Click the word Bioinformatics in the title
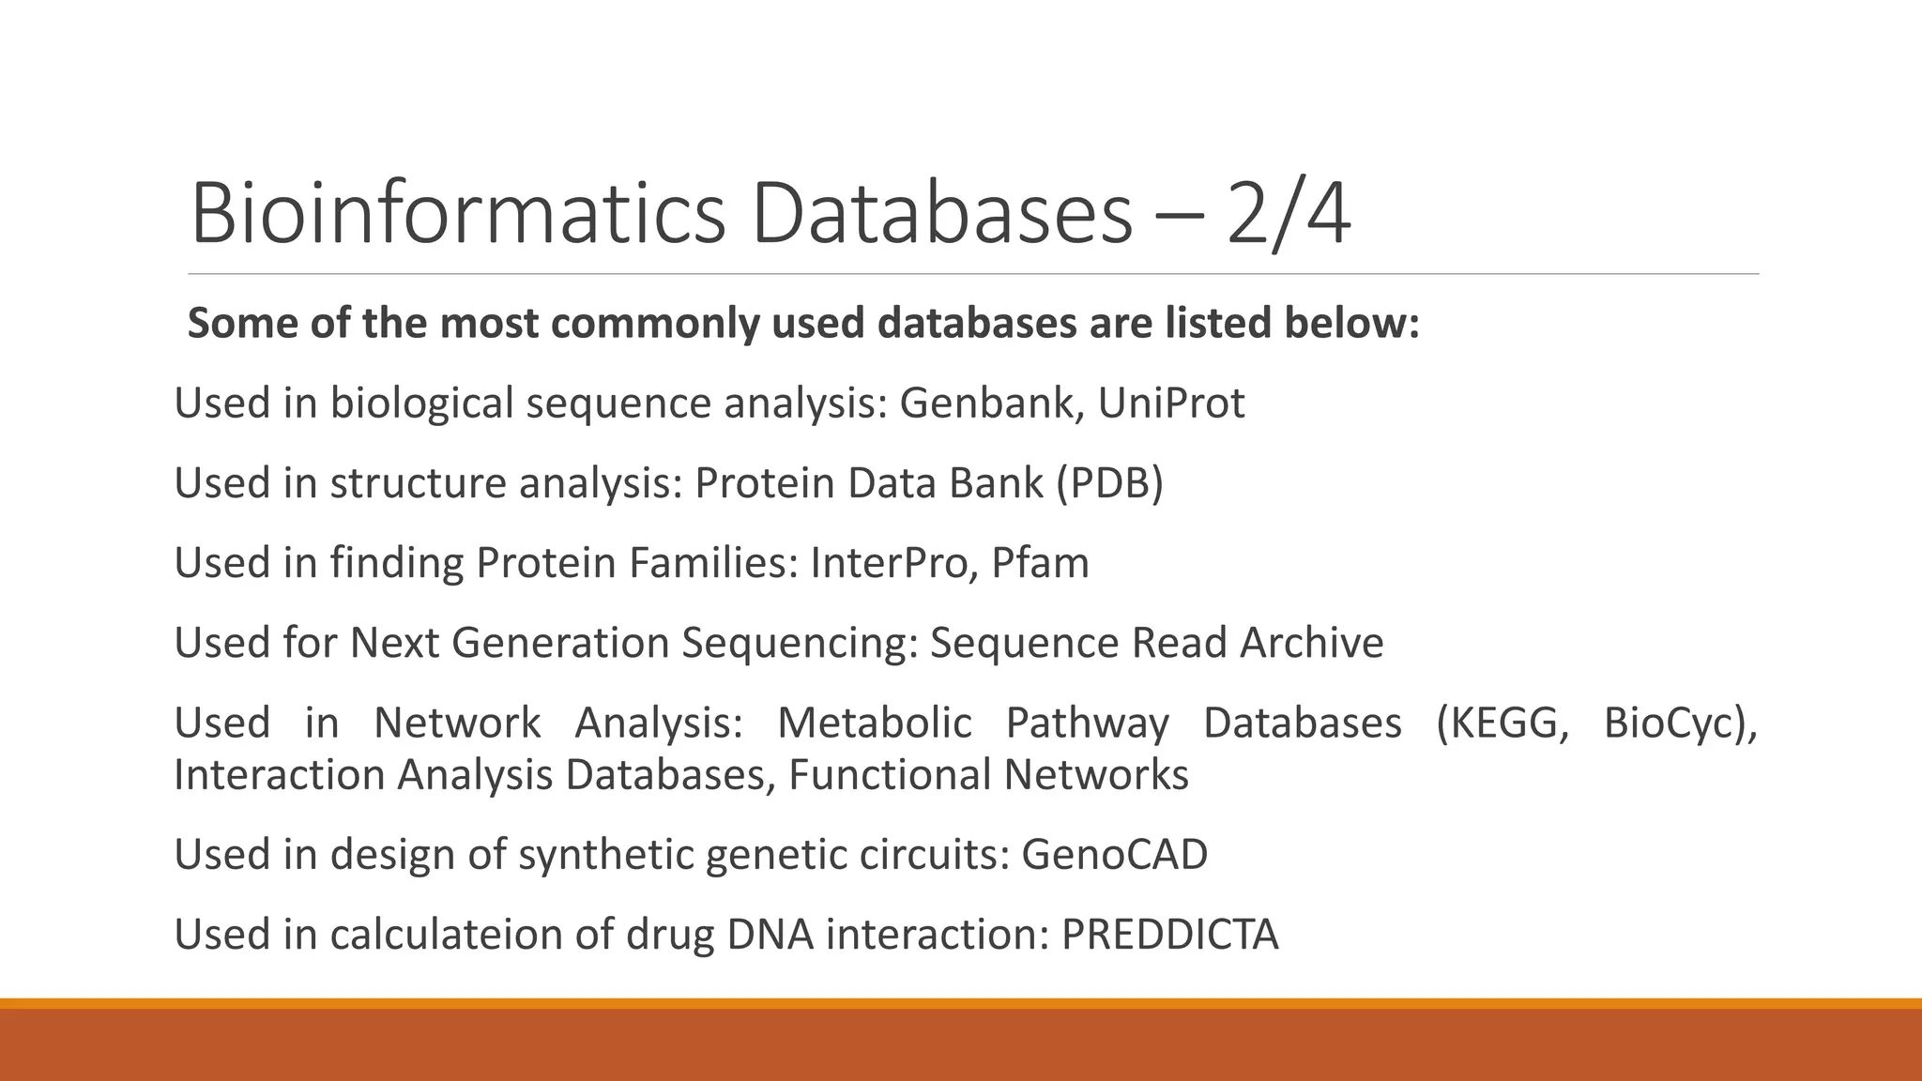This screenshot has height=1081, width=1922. [x=458, y=214]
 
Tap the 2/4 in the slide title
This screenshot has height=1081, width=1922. [x=1288, y=214]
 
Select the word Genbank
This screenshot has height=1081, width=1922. [x=991, y=403]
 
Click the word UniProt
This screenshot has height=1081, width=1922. [x=1170, y=403]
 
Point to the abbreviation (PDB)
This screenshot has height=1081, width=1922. [x=1109, y=483]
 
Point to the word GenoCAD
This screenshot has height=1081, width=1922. [x=1114, y=854]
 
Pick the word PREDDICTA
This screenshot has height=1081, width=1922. [x=1169, y=934]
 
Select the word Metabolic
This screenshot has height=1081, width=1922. [x=874, y=723]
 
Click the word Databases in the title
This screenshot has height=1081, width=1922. [x=941, y=214]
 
